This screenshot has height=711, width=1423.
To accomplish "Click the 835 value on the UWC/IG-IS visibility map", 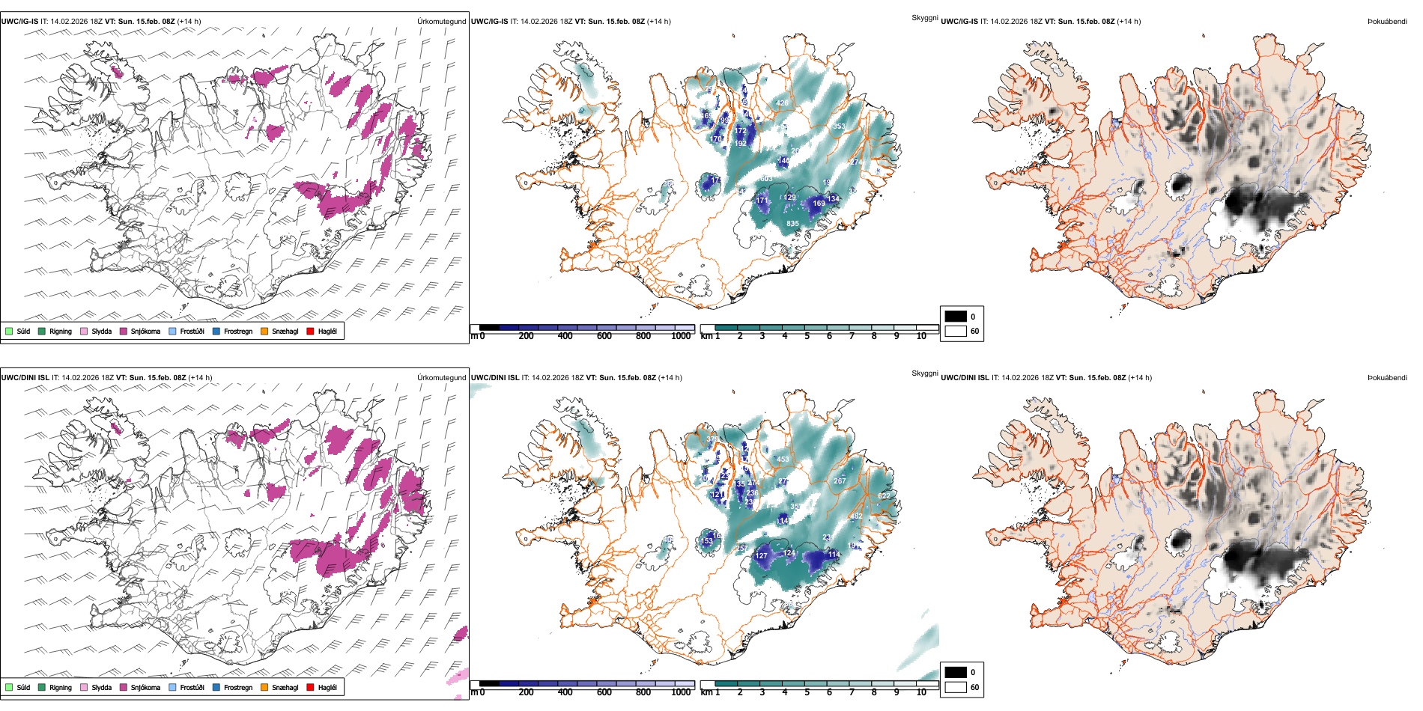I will [x=792, y=224].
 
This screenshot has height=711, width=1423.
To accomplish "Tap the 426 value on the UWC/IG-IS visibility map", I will [x=782, y=103].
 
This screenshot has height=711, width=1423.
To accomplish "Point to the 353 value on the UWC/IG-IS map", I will [x=839, y=126].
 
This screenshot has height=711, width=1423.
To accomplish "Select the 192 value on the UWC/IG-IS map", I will [x=741, y=144].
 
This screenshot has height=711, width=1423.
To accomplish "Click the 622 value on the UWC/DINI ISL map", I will [x=885, y=496].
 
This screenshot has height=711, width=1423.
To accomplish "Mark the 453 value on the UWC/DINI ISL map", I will [x=783, y=460].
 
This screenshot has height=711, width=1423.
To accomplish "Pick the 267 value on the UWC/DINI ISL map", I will [x=840, y=481].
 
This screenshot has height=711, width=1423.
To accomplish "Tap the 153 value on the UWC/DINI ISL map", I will [x=706, y=541].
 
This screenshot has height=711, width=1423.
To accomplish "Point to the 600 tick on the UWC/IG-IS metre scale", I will [x=604, y=336].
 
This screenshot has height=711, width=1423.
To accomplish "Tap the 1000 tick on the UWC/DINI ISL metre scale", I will [x=681, y=692].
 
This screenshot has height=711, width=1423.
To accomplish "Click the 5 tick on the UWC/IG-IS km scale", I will [x=807, y=336].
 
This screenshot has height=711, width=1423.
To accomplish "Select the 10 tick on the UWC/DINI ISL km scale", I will [x=921, y=692].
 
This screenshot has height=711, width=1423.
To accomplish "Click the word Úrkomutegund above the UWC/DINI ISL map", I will [x=441, y=377].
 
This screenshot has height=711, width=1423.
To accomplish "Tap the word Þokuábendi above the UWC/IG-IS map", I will [x=1387, y=21].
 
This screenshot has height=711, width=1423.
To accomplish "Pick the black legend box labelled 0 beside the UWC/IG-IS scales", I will [x=956, y=316].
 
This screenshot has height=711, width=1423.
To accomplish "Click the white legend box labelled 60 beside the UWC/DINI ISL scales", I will [x=956, y=687].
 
